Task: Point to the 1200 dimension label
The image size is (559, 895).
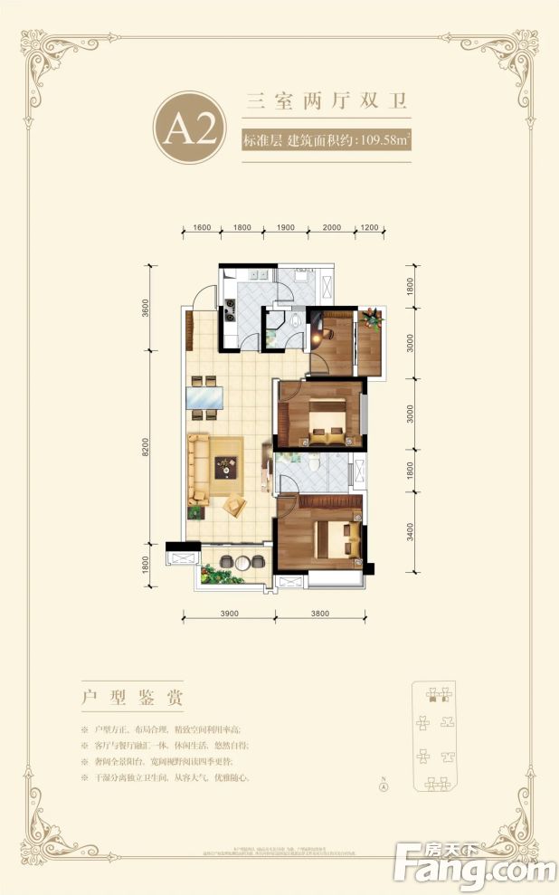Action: click(369, 228)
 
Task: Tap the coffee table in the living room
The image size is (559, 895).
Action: click(226, 467)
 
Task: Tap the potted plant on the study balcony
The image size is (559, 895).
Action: click(370, 319)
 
